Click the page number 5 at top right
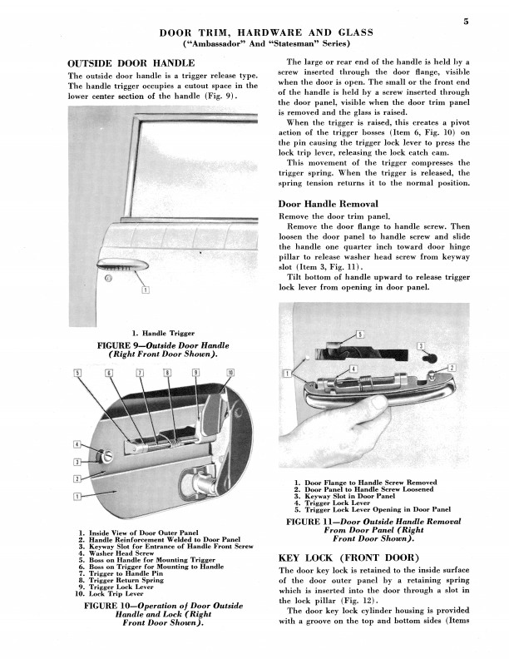tap(468, 22)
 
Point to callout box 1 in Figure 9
tap(146, 290)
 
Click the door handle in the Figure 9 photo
tap(120, 266)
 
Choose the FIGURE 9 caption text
tap(158, 349)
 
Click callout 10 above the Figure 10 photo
tap(230, 371)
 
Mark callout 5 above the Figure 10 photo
tap(77, 371)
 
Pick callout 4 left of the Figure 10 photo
tap(77, 445)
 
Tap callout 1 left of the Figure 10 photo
tap(77, 497)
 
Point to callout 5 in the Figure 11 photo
tap(359, 334)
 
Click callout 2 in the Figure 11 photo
tap(452, 367)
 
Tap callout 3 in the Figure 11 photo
tap(421, 345)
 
